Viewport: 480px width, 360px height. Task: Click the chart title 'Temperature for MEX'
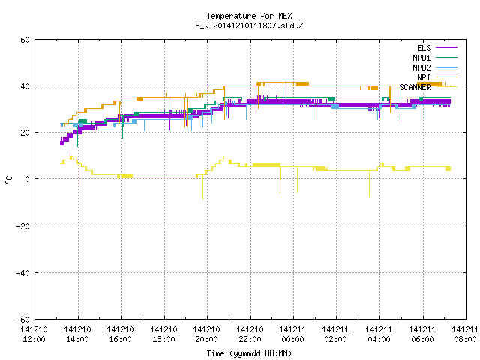point(249,16)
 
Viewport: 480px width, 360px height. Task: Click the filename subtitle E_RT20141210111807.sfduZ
point(249,25)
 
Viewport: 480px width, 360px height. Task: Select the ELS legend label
point(424,48)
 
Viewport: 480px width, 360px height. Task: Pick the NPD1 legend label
point(421,58)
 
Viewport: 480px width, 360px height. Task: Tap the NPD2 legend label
point(421,67)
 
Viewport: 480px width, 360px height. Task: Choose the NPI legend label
point(424,77)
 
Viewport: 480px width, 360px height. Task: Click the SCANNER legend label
point(415,87)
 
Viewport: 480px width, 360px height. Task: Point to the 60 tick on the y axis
point(25,40)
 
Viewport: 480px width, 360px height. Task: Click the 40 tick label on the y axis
point(25,86)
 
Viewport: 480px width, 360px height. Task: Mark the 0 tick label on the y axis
point(27,179)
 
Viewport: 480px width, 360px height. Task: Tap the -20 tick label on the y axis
point(22,226)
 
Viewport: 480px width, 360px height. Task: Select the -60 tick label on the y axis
point(22,319)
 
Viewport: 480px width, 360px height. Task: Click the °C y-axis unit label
point(9,180)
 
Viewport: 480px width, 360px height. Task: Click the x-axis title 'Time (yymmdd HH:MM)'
point(249,353)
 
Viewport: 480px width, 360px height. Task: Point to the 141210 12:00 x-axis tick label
point(34,334)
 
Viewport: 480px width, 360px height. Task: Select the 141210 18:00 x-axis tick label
point(163,334)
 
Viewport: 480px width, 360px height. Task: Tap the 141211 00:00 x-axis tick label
point(293,334)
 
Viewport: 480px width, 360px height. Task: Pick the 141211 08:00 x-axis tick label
point(465,334)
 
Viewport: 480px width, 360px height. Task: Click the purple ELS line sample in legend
point(446,48)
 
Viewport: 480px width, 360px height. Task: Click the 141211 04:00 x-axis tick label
point(379,334)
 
